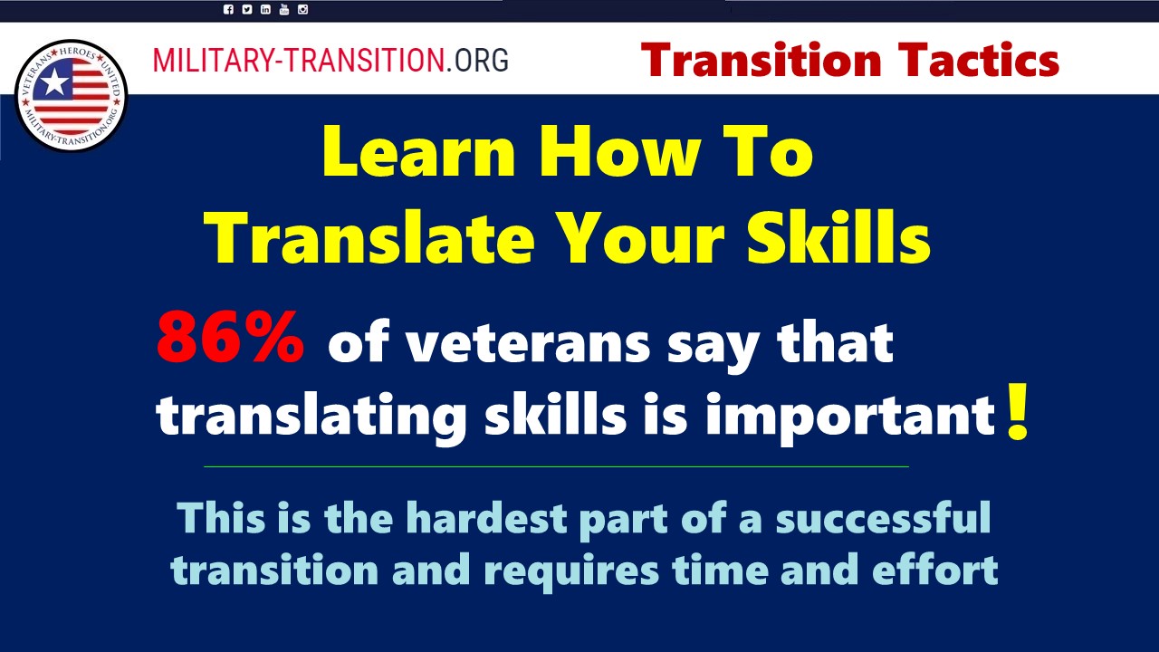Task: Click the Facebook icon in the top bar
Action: pyautogui.click(x=228, y=9)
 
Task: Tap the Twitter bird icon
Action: pyautogui.click(x=247, y=9)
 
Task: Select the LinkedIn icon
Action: pyautogui.click(x=265, y=9)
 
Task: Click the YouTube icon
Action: pyautogui.click(x=284, y=9)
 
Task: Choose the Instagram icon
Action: pyautogui.click(x=302, y=9)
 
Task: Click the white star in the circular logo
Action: pyautogui.click(x=53, y=82)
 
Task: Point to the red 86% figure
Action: pyautogui.click(x=230, y=339)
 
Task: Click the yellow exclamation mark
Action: pyautogui.click(x=1017, y=412)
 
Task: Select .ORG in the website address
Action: pyautogui.click(x=476, y=60)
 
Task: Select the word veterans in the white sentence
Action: pyautogui.click(x=527, y=343)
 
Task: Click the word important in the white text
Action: pyautogui.click(x=851, y=417)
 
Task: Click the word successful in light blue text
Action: pyautogui.click(x=883, y=517)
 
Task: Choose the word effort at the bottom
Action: pyautogui.click(x=935, y=570)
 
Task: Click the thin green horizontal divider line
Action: pyautogui.click(x=556, y=466)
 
